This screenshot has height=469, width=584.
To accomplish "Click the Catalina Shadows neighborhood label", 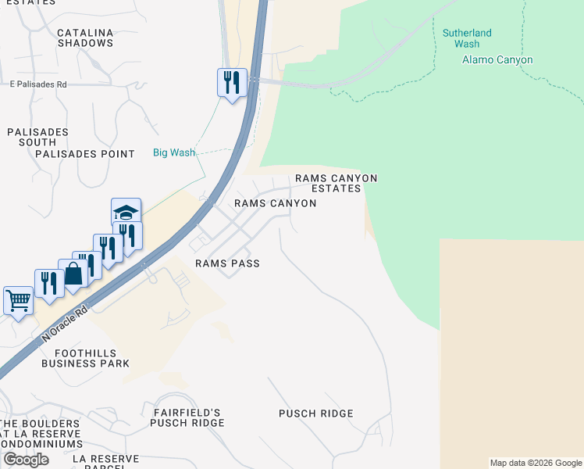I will [85, 38].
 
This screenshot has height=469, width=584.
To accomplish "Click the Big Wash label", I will [173, 152].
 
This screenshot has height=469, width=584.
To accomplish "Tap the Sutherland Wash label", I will [467, 38].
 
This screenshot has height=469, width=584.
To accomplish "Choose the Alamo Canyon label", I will [497, 60].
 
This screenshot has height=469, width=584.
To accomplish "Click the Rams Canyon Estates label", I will [336, 183].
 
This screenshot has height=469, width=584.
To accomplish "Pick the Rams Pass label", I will [227, 263].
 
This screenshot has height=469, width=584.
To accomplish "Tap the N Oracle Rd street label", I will [63, 323].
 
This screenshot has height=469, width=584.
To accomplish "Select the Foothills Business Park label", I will [85, 357].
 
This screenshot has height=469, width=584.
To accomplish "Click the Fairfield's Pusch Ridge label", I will [187, 417].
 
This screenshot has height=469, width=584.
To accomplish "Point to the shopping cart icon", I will [17, 299].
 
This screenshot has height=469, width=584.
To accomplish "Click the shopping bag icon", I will [73, 274].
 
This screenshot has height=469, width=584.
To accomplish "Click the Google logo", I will [26, 460].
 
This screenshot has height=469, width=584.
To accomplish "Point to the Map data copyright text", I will [536, 463].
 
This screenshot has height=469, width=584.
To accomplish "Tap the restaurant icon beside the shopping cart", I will [48, 283].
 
